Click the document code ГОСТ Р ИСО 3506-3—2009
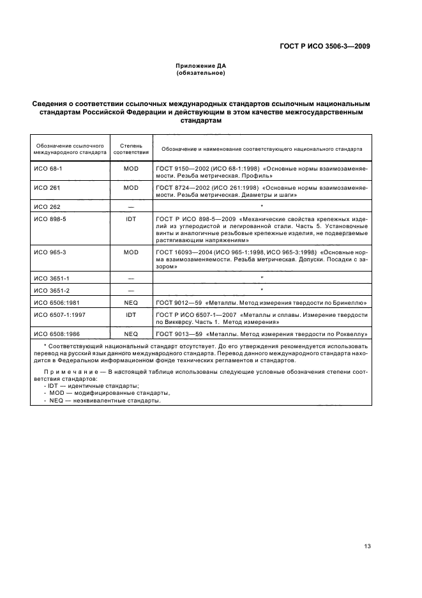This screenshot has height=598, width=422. pyautogui.click(x=325, y=46)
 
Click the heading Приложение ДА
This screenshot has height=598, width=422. pyautogui.click(x=201, y=66)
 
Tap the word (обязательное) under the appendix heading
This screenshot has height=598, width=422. pyautogui.click(x=201, y=73)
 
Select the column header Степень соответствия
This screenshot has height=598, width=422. pyautogui.click(x=131, y=149)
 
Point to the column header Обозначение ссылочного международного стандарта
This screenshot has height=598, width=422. pyautogui.click(x=70, y=149)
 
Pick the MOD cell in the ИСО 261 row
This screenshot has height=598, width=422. pyautogui.click(x=131, y=187)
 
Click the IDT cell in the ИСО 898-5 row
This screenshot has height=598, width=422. pyautogui.click(x=131, y=219)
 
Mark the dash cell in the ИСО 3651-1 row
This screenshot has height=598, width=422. pyautogui.click(x=131, y=279)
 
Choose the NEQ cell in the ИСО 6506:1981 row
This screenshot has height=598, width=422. pyautogui.click(x=131, y=303)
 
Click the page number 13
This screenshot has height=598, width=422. pyautogui.click(x=366, y=546)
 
